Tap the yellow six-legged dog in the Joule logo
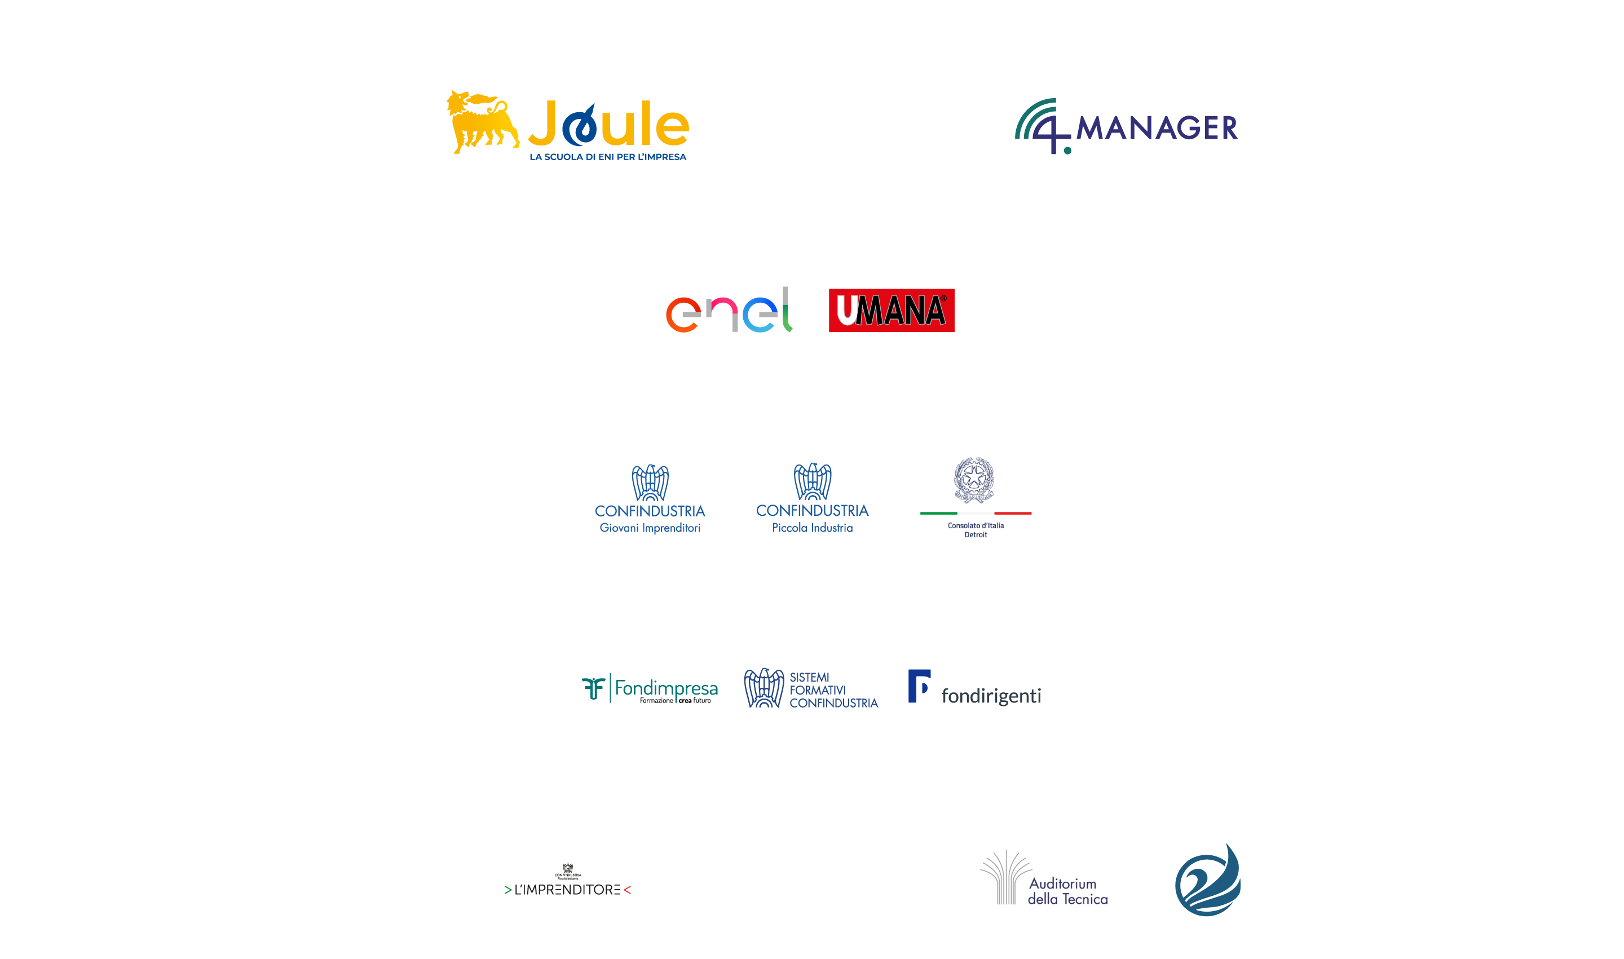(x=482, y=121)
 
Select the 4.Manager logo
(x=1126, y=127)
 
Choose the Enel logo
(x=729, y=311)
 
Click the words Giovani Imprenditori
(x=650, y=528)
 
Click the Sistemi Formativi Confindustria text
(x=833, y=690)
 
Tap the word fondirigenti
(x=991, y=696)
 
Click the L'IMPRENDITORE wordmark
(x=567, y=890)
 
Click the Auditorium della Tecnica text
(x=1067, y=891)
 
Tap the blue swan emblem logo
(x=1207, y=880)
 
